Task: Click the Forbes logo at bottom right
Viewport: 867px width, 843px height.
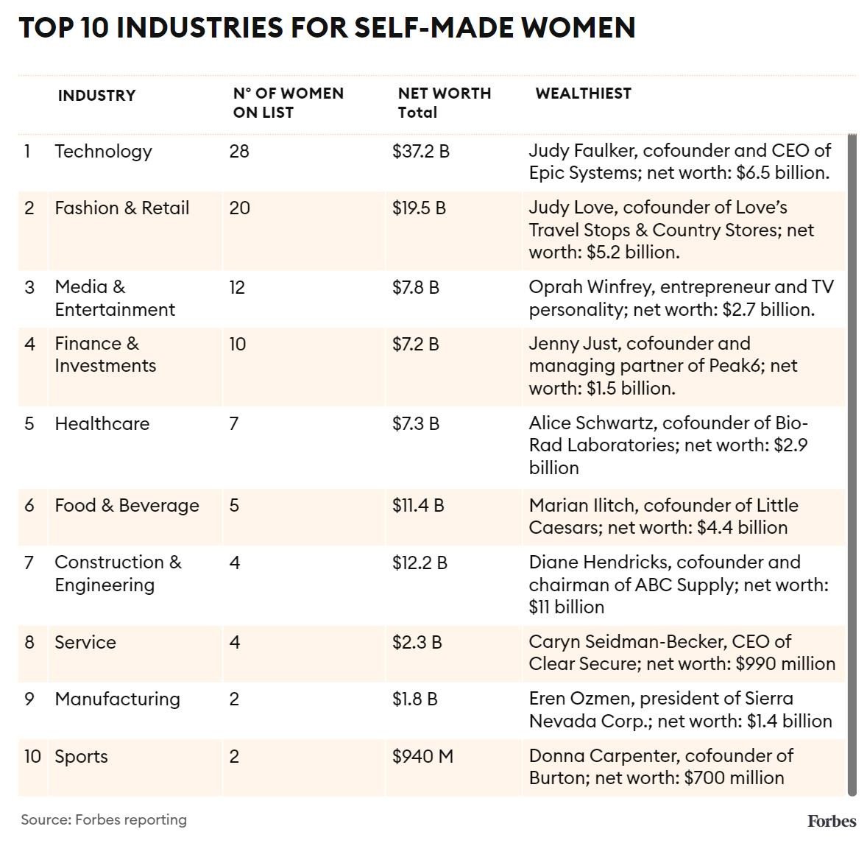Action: [831, 821]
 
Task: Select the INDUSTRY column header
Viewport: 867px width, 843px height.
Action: [96, 95]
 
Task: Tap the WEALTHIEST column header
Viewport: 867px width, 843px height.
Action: [583, 93]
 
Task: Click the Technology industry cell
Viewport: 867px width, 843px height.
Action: [103, 151]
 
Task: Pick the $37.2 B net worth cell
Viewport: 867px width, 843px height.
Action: [420, 151]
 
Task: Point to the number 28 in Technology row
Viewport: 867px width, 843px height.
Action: [239, 151]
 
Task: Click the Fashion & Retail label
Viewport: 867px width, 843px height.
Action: [121, 208]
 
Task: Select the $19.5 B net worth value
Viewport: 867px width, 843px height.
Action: [419, 208]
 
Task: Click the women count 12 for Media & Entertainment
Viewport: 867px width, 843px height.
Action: [237, 286]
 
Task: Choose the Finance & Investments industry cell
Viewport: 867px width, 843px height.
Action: [105, 354]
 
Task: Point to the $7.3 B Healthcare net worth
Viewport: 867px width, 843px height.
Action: [416, 423]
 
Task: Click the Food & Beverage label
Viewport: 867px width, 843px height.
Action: [127, 505]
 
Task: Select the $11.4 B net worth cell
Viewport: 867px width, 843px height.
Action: [418, 505]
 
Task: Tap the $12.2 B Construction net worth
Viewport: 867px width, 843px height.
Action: [420, 562]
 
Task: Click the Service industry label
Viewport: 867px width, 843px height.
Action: [85, 642]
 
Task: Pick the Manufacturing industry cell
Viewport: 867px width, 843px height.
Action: [117, 699]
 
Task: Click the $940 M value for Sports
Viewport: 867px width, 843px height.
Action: [422, 756]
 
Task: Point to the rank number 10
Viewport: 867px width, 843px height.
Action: [32, 756]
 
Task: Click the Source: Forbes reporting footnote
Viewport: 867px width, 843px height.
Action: [104, 819]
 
